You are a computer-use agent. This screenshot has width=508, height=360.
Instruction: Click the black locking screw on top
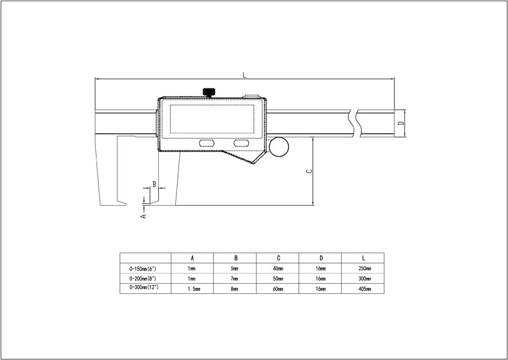pyautogui.click(x=209, y=92)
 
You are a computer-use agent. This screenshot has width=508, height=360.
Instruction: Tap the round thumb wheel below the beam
pyautogui.click(x=279, y=147)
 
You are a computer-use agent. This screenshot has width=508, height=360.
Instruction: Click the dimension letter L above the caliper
pyautogui.click(x=244, y=75)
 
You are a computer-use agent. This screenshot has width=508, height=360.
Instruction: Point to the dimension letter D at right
pyautogui.click(x=401, y=123)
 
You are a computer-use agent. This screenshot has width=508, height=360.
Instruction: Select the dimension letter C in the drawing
pyautogui.click(x=309, y=171)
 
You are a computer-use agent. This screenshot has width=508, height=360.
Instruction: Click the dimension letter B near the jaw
pyautogui.click(x=154, y=184)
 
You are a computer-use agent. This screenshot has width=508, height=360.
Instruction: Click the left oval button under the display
pyautogui.click(x=206, y=143)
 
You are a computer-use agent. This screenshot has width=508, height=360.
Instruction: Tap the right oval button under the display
pyautogui.click(x=241, y=143)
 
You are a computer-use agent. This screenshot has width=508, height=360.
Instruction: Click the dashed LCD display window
pyautogui.click(x=212, y=119)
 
